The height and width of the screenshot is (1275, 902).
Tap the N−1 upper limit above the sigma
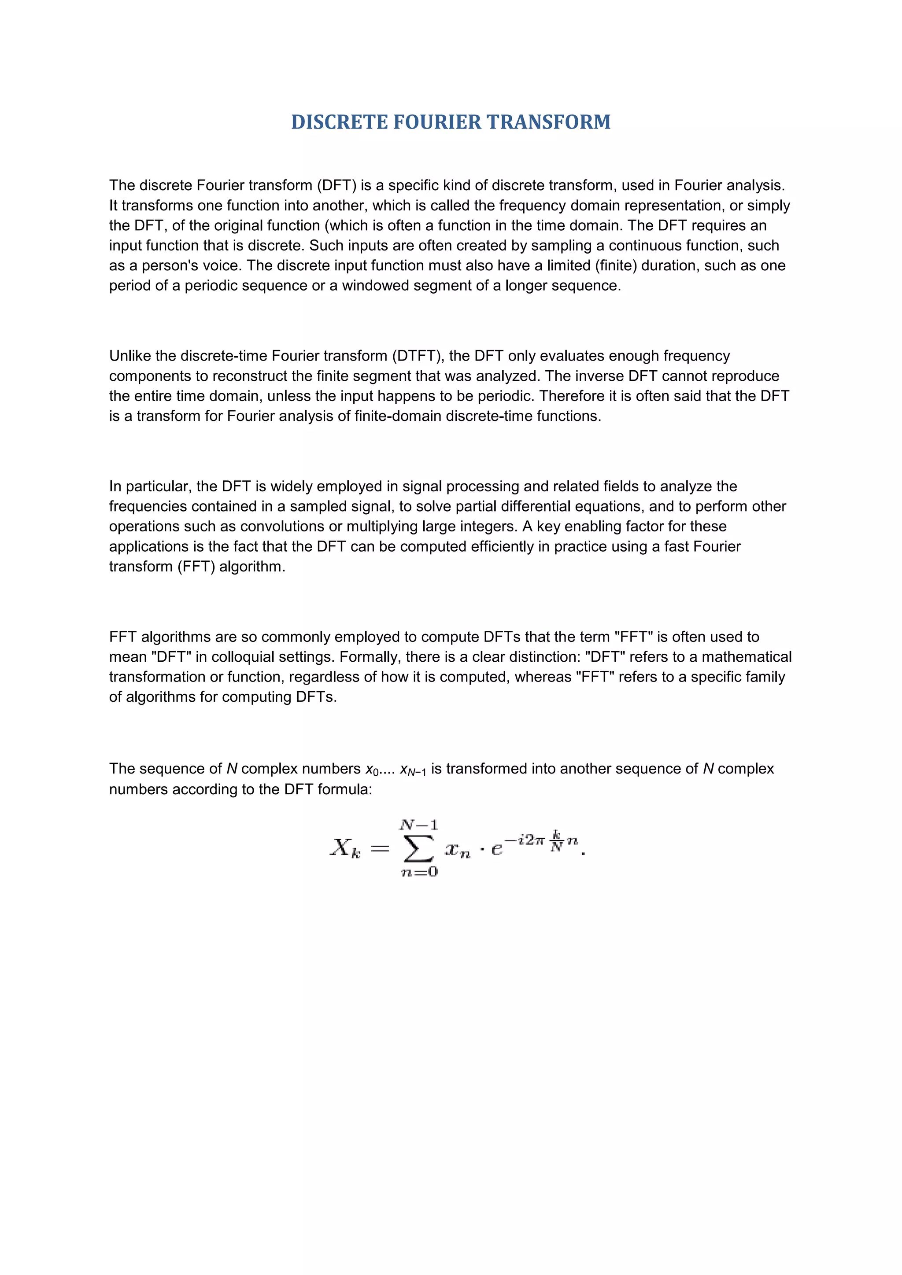tap(418, 825)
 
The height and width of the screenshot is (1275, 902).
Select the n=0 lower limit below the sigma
tap(419, 872)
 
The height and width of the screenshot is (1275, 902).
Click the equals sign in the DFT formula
tap(380, 848)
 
